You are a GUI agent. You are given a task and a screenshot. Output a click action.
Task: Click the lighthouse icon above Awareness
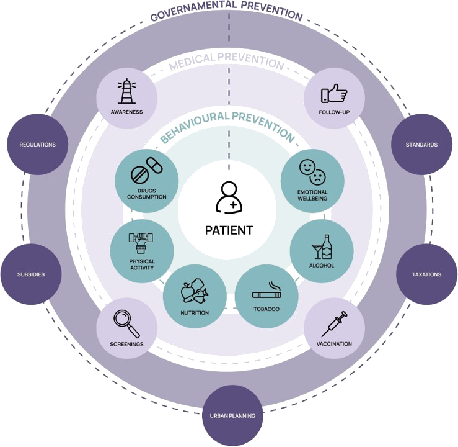click(x=127, y=93)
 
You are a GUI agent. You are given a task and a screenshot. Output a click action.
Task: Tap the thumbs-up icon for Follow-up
click(x=333, y=93)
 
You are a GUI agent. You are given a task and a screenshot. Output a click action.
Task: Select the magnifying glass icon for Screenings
click(x=127, y=322)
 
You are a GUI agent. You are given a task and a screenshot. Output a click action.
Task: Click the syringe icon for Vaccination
click(x=333, y=324)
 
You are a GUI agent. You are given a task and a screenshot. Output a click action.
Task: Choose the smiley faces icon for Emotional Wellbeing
click(x=312, y=171)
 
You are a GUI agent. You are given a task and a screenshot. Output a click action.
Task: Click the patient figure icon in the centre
click(x=227, y=197)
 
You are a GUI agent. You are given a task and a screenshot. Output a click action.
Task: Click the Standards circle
click(x=421, y=145)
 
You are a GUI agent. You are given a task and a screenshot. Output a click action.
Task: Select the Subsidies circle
click(x=31, y=274)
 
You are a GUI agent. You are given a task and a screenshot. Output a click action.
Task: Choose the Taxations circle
click(x=427, y=274)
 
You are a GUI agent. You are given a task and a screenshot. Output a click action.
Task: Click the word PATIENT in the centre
click(x=229, y=230)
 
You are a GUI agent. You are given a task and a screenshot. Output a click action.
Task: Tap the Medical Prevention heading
click(x=226, y=62)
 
